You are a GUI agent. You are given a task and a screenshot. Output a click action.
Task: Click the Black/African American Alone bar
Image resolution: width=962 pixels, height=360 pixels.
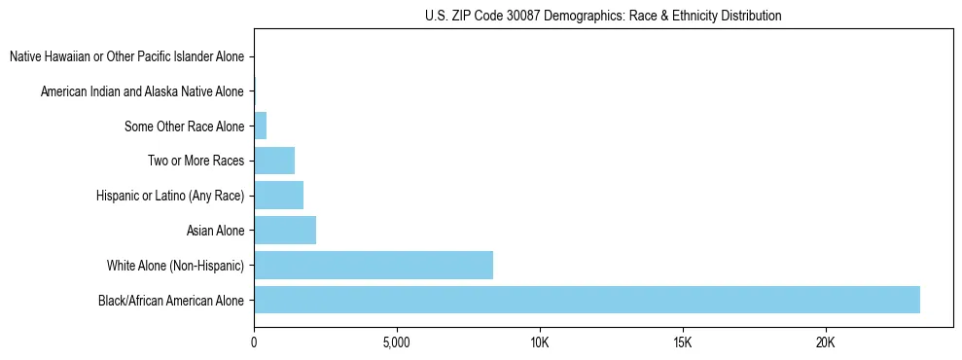587,300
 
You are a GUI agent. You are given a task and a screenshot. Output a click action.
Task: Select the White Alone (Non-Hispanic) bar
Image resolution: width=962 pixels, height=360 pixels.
374,265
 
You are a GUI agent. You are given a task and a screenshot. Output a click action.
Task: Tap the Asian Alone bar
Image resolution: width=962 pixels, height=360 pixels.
285,231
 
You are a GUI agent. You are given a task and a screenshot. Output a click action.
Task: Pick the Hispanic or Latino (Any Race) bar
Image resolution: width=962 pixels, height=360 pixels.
278,196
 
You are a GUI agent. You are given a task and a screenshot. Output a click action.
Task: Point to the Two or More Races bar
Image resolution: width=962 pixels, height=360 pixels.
274,161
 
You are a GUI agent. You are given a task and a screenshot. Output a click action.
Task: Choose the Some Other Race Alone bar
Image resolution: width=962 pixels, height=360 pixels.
260,126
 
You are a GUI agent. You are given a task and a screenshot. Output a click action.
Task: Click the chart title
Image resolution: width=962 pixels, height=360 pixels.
603,16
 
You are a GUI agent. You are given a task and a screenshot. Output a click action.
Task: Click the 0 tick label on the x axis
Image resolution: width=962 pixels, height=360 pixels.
254,343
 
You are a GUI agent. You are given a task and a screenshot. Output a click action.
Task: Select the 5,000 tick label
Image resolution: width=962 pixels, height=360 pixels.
397,343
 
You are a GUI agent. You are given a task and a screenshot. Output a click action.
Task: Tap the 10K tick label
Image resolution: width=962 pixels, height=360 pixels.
540,343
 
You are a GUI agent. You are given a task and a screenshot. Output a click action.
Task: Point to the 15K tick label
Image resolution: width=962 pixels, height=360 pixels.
682,343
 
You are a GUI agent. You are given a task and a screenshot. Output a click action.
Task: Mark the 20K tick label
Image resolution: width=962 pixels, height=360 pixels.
825,343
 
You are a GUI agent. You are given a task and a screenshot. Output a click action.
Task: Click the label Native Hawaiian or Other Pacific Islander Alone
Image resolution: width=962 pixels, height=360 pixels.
126,57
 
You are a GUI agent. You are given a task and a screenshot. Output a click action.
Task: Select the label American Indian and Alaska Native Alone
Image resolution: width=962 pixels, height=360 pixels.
142,92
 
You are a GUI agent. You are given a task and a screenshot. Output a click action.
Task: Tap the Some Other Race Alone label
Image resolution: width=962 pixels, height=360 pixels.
184,126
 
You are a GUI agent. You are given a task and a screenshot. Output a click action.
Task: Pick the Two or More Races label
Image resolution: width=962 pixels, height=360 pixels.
196,162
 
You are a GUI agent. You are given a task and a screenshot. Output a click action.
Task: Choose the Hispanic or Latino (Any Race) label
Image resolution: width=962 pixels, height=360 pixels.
169,197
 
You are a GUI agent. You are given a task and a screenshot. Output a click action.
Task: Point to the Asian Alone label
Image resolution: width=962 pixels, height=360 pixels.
215,231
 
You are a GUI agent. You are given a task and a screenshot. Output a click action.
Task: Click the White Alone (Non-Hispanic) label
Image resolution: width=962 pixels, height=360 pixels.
175,266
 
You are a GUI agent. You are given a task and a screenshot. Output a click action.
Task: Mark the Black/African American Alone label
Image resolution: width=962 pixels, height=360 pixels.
171,301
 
